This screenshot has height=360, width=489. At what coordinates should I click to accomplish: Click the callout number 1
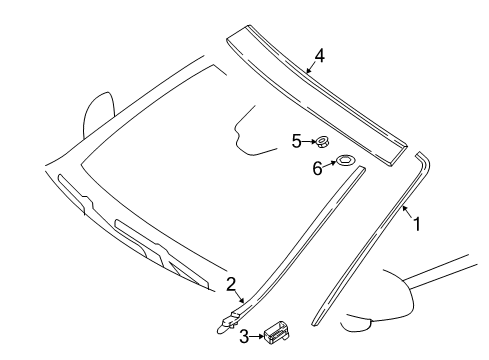point(417,224)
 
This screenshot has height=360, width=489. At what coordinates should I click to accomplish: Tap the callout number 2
point(231,284)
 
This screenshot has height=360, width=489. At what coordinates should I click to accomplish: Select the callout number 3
point(244,337)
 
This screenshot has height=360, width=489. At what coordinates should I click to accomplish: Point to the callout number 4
point(319,56)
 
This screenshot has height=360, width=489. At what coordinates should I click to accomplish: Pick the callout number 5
point(297,141)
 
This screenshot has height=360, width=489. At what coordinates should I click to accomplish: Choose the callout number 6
point(317,168)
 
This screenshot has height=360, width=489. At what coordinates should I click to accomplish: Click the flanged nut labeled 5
point(322,142)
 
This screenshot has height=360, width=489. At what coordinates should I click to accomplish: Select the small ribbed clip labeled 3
point(277,332)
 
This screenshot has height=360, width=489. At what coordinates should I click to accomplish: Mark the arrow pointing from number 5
point(309,142)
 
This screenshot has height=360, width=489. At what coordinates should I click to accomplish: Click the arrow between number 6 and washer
point(330,164)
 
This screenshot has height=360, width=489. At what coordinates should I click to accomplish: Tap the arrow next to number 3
point(257,337)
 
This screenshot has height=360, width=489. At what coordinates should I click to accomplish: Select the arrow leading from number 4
point(312,67)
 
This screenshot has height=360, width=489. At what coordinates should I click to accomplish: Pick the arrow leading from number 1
point(408,212)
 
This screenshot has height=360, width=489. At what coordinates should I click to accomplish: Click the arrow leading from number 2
point(240,296)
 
